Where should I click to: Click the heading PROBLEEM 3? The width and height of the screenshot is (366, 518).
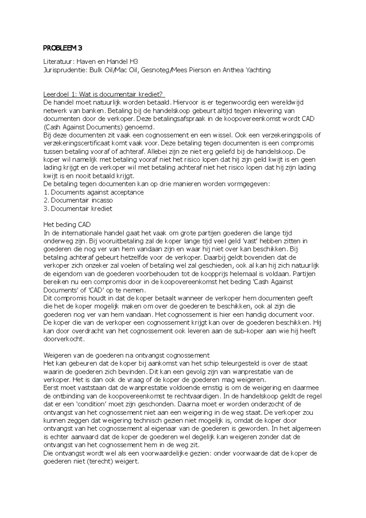[63, 48]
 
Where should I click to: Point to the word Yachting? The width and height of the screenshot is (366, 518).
[258, 70]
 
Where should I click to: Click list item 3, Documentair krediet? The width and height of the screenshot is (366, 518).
[81, 209]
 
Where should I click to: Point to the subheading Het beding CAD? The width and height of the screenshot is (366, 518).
[67, 225]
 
